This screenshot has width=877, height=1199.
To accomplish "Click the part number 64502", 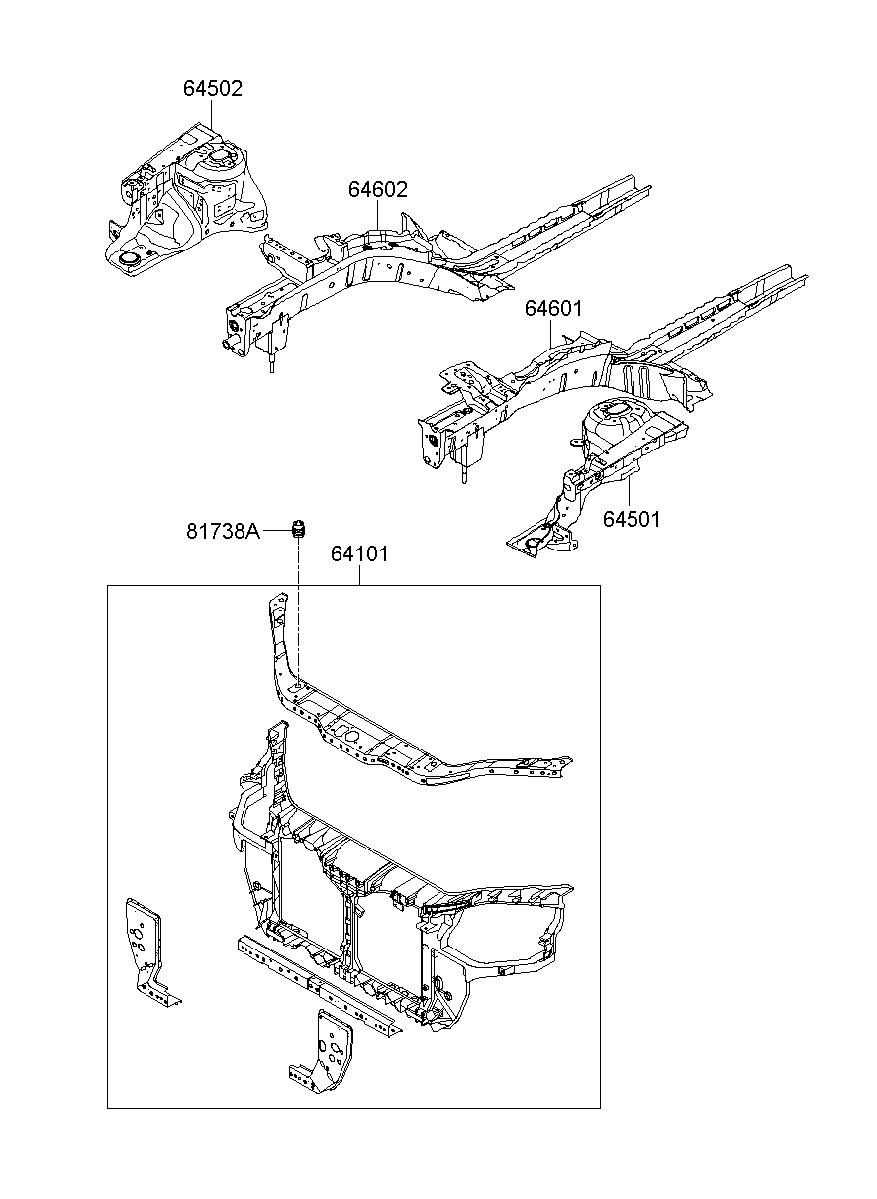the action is [x=213, y=88].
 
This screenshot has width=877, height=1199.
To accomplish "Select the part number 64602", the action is [x=378, y=189].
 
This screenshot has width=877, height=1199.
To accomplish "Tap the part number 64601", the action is [x=552, y=308].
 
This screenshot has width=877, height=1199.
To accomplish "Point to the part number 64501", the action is [x=632, y=519].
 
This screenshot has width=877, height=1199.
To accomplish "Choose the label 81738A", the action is [x=223, y=531].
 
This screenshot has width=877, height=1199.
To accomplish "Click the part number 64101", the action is [x=359, y=554].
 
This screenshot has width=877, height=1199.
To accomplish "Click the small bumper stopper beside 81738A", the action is [x=298, y=530].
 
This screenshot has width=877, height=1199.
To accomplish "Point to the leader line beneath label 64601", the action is [x=551, y=333].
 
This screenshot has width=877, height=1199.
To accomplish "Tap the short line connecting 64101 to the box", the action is [x=359, y=575].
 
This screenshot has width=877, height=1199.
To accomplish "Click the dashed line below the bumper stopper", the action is [x=298, y=611].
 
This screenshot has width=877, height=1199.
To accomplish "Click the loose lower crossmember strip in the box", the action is [x=320, y=984].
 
